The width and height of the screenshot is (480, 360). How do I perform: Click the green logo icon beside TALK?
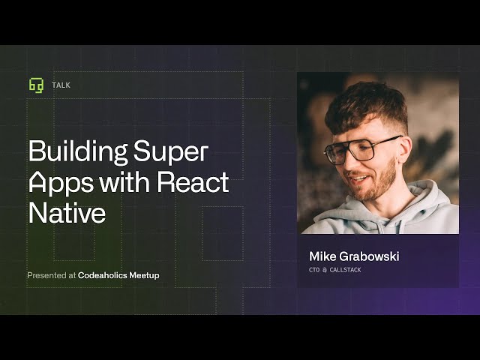coord(36,85)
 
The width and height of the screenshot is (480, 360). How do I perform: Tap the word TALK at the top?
coord(61,85)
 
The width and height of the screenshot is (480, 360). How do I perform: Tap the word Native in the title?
coord(67,212)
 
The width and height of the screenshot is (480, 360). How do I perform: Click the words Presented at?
coord(51,275)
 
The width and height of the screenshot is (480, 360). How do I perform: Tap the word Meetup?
coord(144,275)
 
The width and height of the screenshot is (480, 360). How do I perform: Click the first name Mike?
coord(324,256)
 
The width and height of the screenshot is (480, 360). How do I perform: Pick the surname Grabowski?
coord(371,256)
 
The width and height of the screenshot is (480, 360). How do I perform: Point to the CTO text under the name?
coord(315,270)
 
